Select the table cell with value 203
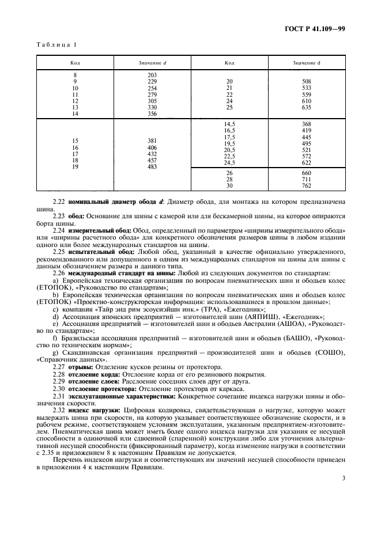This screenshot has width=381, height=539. click(x=152, y=75)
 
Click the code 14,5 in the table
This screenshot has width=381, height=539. click(x=229, y=124)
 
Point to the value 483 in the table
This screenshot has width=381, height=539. click(x=152, y=167)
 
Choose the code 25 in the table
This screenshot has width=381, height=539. click(x=229, y=107)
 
